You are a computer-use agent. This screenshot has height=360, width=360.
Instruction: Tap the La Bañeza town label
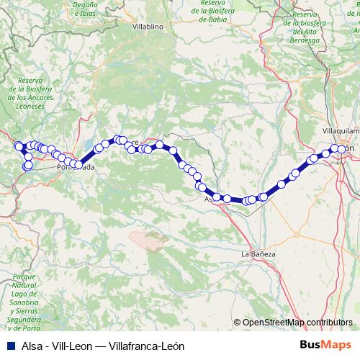coord(258,254)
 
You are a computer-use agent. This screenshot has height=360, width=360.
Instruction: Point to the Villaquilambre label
coord(341,132)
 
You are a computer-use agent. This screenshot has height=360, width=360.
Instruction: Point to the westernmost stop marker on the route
coord(19,146)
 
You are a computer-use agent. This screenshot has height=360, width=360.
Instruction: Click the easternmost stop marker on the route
coord(342,148)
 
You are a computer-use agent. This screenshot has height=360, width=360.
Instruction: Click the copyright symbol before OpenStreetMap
coord(238,323)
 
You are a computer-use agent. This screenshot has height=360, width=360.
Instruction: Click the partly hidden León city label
coord(350,148)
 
